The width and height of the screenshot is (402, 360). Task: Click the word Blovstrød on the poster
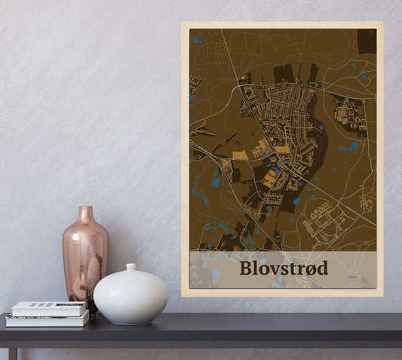[x=284, y=268]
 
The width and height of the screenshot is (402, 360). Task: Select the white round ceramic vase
[x=130, y=295]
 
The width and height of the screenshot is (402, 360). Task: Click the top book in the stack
[x=48, y=308]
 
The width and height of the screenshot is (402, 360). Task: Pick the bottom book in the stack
[x=47, y=320]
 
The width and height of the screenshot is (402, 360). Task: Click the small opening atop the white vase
[x=130, y=267]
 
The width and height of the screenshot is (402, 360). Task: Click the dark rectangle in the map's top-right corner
[x=367, y=42]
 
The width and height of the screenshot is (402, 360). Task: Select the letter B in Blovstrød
[x=247, y=268]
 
